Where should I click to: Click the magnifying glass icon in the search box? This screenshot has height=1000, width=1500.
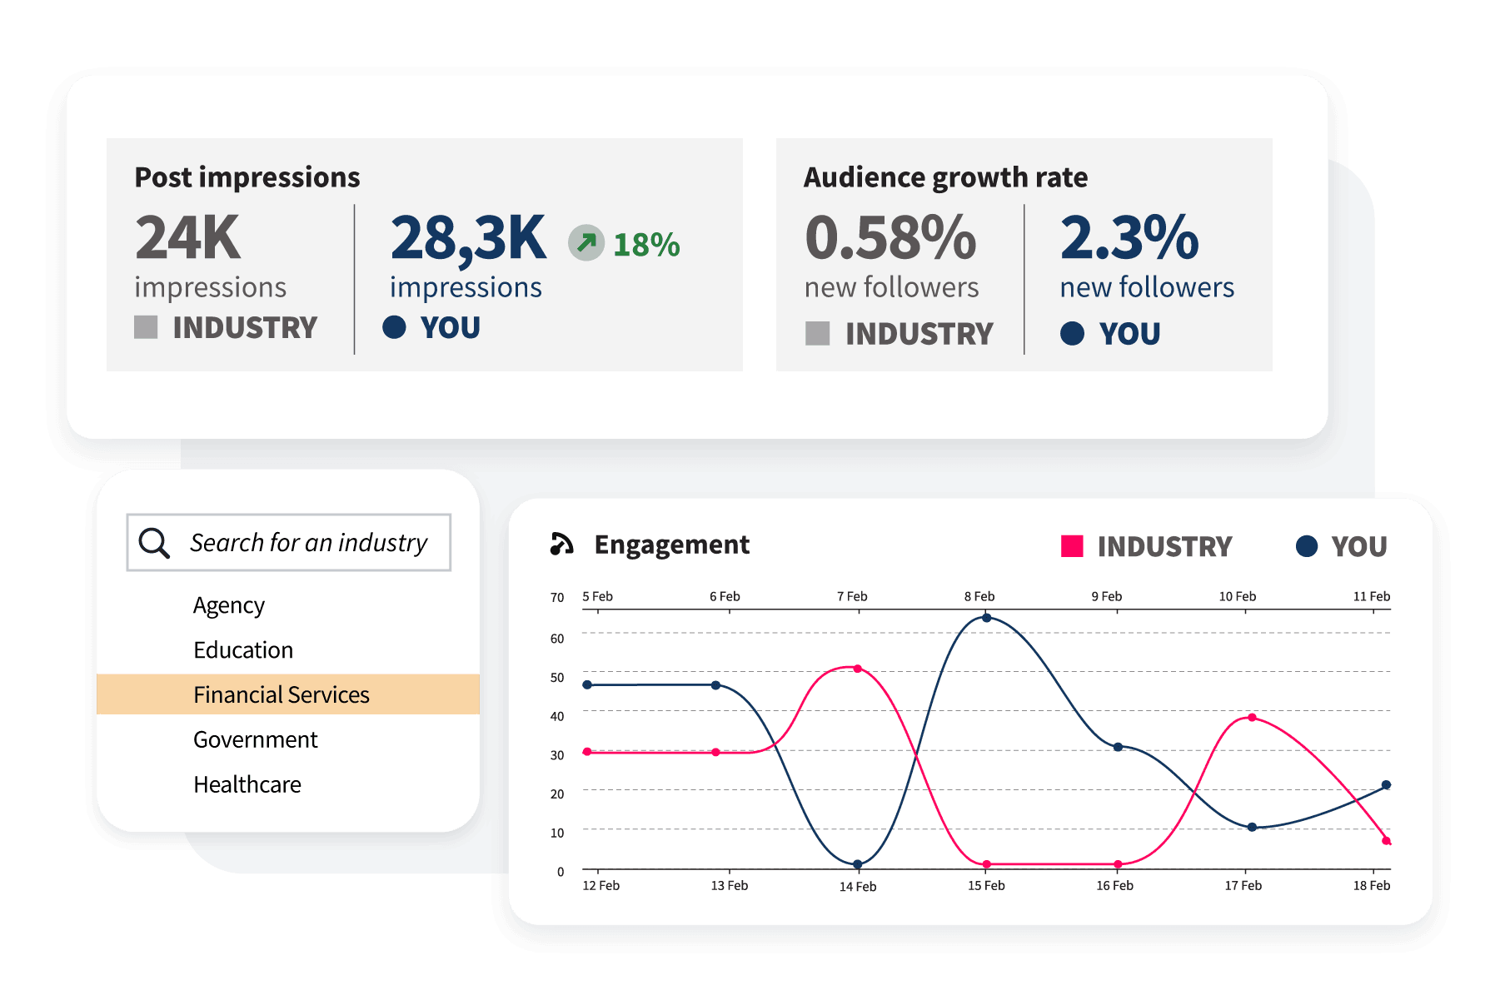(154, 543)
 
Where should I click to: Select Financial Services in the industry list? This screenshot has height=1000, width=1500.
(281, 694)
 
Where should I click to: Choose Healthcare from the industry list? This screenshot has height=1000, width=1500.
(247, 784)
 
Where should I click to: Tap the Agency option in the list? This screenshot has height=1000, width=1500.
(228, 605)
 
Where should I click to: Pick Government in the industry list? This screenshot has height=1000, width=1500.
(255, 739)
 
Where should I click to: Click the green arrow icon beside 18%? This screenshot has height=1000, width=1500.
(586, 243)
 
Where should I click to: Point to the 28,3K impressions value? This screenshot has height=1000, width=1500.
(468, 239)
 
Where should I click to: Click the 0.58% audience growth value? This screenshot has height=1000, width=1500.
(890, 238)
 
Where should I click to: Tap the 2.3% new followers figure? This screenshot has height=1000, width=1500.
(1129, 238)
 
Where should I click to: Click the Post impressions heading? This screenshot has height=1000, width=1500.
(247, 177)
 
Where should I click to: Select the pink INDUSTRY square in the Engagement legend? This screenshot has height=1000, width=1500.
(1072, 546)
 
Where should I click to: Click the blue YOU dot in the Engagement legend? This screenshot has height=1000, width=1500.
(1307, 546)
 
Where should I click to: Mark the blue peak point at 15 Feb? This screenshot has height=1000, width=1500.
(986, 618)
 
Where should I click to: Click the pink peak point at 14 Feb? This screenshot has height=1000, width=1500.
(857, 669)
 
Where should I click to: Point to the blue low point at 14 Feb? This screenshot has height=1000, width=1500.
(857, 864)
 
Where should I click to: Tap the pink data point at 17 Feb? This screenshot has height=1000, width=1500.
(1252, 717)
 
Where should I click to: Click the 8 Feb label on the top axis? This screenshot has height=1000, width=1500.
(979, 596)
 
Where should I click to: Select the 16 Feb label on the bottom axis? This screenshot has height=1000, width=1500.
(1114, 886)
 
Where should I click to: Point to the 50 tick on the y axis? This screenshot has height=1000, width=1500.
(557, 678)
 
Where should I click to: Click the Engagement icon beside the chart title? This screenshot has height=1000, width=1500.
(562, 544)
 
